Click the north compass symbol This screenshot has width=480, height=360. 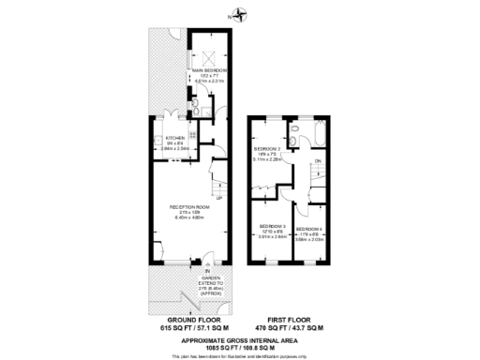242,13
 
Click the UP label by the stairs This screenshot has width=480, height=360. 219,199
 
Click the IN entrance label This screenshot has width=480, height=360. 208,271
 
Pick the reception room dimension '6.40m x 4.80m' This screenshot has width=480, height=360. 187,218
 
